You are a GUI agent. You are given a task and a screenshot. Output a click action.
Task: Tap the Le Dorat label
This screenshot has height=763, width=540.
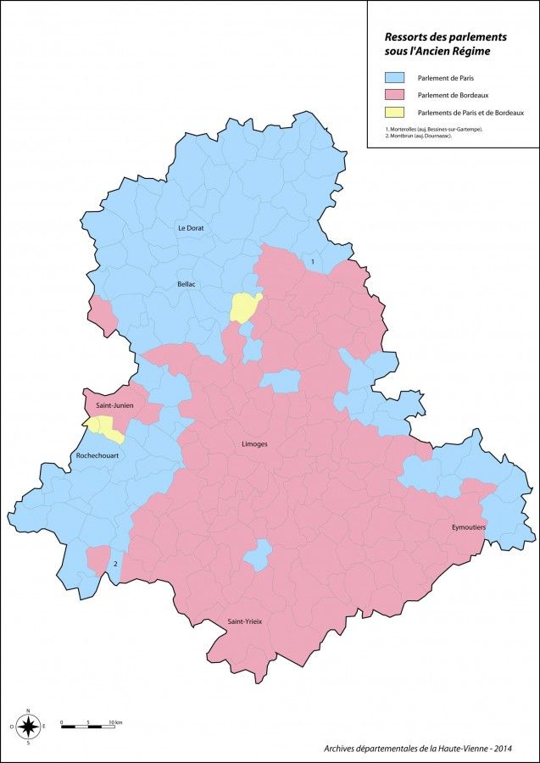pyautogui.click(x=190, y=228)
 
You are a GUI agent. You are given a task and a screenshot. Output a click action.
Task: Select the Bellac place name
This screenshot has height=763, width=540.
pyautogui.click(x=186, y=284)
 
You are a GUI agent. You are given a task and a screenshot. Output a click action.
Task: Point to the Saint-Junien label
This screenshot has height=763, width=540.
pyautogui.click(x=112, y=406)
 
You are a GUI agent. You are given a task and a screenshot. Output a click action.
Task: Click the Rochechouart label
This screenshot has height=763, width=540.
pyautogui.click(x=96, y=456)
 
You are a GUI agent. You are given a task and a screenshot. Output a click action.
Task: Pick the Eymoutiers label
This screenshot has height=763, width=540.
pyautogui.click(x=468, y=527)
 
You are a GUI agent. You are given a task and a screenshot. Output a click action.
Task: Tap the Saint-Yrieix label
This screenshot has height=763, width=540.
pyautogui.click(x=244, y=621)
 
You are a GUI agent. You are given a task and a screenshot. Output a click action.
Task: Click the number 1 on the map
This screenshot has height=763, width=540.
pyautogui.click(x=313, y=262)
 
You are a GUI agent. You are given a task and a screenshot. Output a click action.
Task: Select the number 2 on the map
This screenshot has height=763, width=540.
pyautogui.click(x=115, y=562)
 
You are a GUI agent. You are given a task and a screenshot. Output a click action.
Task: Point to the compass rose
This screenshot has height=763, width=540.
pyautogui.click(x=29, y=726)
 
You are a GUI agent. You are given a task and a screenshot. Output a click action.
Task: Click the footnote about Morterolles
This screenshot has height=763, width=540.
pyautogui.click(x=434, y=129)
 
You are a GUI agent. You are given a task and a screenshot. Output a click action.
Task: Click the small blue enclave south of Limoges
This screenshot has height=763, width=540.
pyautogui.click(x=258, y=555)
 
